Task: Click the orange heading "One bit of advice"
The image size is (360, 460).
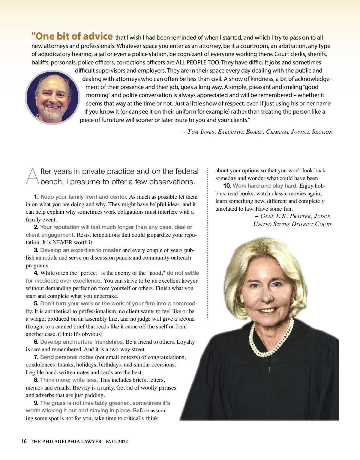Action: tap(72, 36)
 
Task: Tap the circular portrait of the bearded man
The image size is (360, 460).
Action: tap(52, 97)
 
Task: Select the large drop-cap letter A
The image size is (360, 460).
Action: tap(32, 176)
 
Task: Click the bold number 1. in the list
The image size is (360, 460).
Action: tap(36, 197)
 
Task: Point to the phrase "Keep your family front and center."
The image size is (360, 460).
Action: tap(84, 197)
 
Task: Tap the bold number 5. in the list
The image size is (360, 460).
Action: tap(36, 304)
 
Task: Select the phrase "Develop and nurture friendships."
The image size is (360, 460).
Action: tap(82, 342)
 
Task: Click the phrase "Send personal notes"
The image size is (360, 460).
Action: tap(67, 357)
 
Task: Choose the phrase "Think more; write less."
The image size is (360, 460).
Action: tap(69, 380)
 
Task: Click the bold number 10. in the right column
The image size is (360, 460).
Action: tap(227, 186)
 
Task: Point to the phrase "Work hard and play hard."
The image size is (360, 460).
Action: tap(265, 186)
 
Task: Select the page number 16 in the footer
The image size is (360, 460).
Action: tap(24, 441)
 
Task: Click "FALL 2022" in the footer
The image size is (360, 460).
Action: tap(116, 441)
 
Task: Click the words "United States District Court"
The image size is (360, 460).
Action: tap(292, 224)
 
